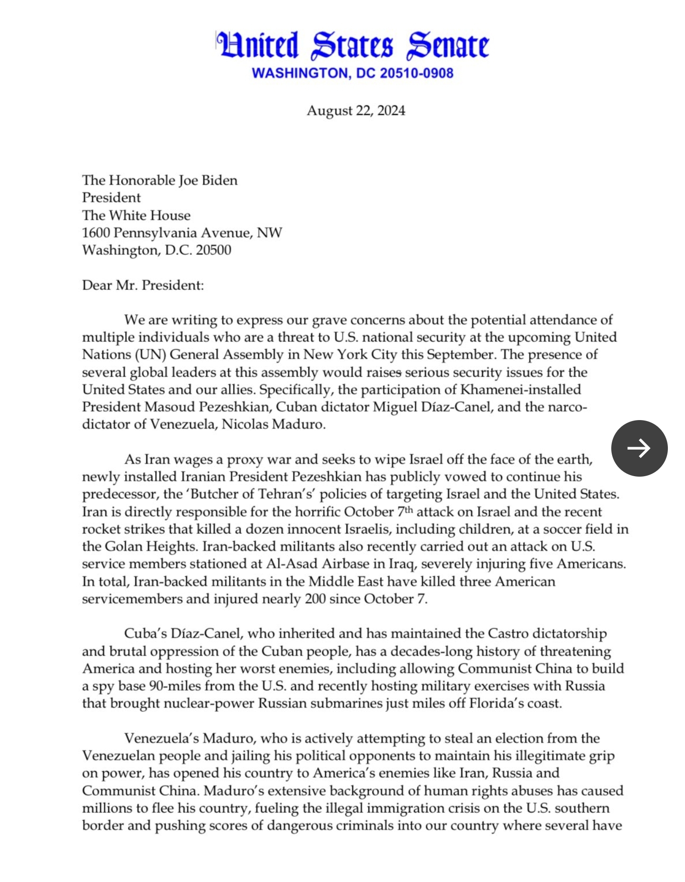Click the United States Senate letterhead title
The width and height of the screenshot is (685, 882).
352,46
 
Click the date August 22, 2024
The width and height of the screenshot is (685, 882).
356,111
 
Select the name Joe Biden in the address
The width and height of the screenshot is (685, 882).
208,181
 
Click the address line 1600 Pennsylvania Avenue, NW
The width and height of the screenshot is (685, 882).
182,233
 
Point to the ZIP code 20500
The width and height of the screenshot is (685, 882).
214,250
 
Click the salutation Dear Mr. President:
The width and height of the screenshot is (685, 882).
143,285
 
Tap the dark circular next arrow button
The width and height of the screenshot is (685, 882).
639,448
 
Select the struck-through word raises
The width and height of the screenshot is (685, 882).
384,373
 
